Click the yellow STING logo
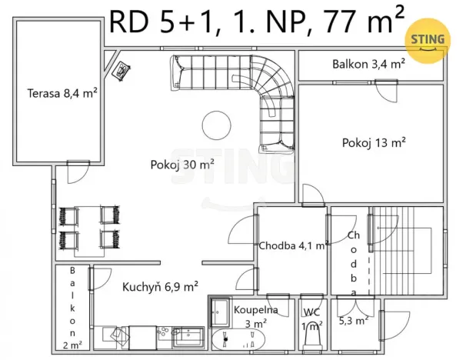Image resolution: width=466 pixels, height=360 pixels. pyautogui.click(x=428, y=39)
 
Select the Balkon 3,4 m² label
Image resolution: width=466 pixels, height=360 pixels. pyautogui.click(x=368, y=65)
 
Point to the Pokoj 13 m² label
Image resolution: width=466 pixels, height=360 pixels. pyautogui.click(x=374, y=142)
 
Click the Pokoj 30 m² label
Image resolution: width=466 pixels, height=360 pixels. pyautogui.click(x=181, y=163)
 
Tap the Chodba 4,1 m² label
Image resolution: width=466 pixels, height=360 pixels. pyautogui.click(x=293, y=246)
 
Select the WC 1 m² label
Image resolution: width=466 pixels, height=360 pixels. pyautogui.click(x=311, y=318)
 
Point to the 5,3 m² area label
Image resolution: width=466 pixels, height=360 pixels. pyautogui.click(x=353, y=319)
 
